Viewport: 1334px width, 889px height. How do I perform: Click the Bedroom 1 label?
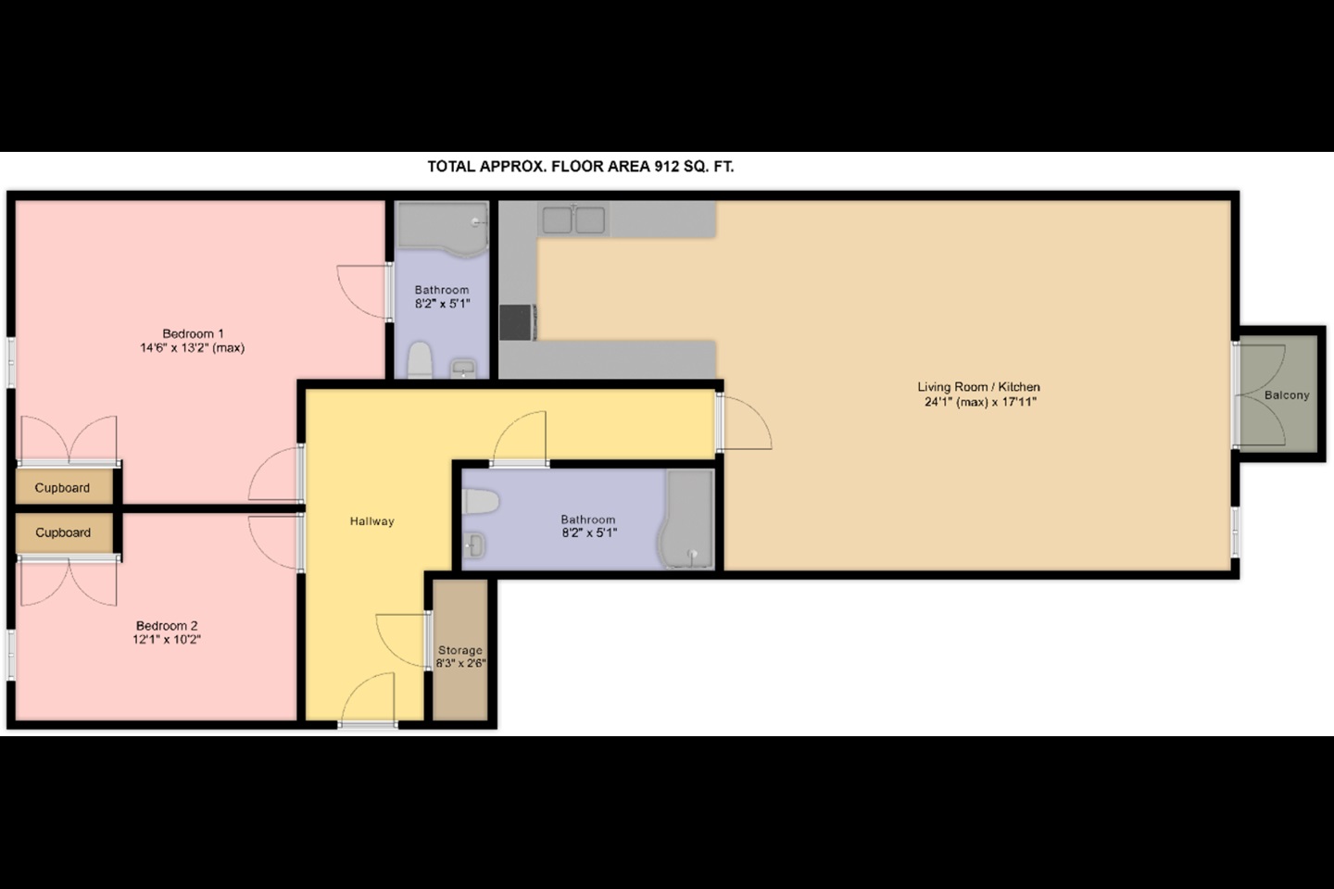tap(193, 333)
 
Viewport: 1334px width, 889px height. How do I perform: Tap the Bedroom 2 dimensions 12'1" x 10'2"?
tap(167, 640)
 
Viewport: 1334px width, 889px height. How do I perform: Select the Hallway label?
tap(371, 521)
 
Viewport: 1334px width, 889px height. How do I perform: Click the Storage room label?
tap(460, 650)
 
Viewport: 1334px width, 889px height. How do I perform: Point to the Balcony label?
tap(1287, 395)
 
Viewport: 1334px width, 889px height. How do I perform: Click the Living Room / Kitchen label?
tap(978, 387)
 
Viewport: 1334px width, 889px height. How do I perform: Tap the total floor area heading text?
tap(580, 167)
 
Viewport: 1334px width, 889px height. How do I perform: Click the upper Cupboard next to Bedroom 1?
tap(63, 488)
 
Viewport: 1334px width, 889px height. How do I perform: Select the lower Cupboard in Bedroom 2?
tap(63, 532)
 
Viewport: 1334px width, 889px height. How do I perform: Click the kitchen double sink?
tap(573, 219)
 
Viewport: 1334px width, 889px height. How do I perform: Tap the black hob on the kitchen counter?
tap(517, 322)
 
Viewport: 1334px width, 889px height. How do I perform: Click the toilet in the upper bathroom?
tap(421, 360)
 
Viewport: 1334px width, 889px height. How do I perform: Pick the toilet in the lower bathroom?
tap(481, 502)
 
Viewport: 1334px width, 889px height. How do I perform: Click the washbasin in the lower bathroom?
tap(474, 545)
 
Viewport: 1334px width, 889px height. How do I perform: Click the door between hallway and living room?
tap(745, 422)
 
